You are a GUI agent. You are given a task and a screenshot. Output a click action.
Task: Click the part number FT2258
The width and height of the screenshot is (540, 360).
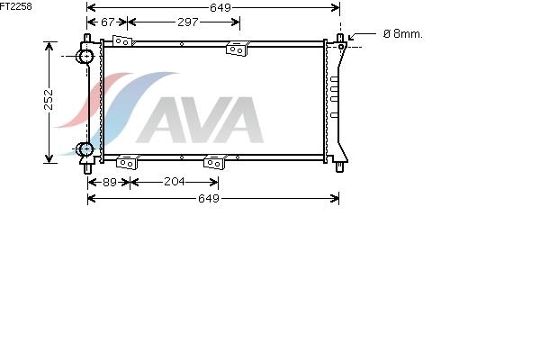point(16,6)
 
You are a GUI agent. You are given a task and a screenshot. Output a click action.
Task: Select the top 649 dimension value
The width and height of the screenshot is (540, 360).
point(220,7)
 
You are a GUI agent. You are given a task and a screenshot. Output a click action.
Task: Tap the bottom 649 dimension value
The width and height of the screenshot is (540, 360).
point(209,198)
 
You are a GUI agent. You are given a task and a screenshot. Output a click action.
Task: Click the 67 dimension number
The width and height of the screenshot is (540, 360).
point(107,22)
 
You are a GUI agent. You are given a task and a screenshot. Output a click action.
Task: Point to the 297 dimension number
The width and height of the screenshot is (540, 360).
point(188,22)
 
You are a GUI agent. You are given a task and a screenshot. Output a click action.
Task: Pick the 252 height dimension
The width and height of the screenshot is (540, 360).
point(49,100)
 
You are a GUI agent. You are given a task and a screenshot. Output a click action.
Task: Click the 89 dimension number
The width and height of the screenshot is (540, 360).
point(110,182)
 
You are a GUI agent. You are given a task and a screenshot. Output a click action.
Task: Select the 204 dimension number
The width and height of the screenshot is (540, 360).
point(175,182)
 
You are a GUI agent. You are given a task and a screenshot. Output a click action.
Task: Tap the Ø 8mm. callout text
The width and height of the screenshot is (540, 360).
point(403,34)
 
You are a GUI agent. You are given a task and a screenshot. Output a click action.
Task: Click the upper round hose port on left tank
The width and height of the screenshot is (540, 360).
point(85,56)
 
